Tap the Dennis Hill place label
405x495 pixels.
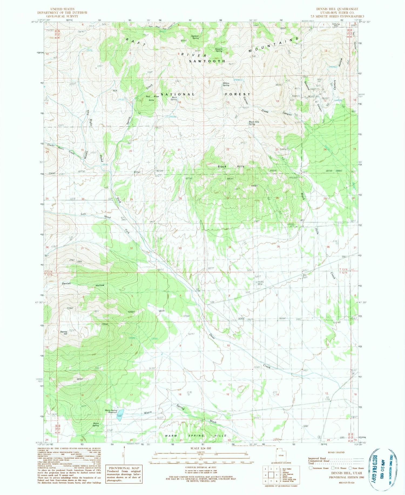(x=63, y=333)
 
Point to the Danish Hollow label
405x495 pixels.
(x=83, y=284)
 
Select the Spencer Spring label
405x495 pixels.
(x=195, y=37)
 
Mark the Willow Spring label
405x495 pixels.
(x=226, y=84)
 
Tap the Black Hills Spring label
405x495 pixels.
(x=254, y=123)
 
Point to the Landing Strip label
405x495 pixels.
(x=260, y=283)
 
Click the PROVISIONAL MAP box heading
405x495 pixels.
(x=124, y=468)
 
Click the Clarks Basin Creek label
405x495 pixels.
(x=61, y=149)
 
